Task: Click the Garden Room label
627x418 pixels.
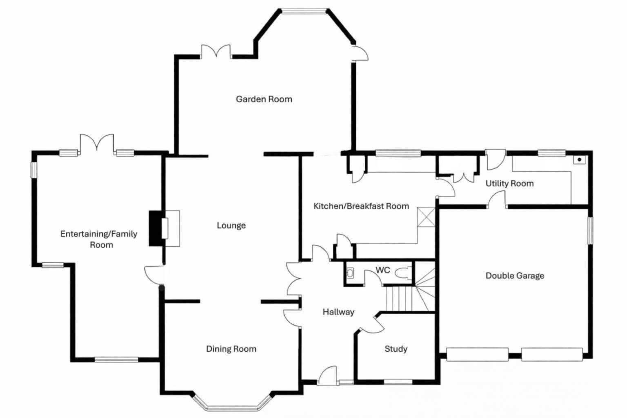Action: pos(264,99)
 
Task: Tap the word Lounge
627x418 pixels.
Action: pos(231,225)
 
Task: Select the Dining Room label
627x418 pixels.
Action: pos(231,349)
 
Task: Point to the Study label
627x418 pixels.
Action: pos(396,349)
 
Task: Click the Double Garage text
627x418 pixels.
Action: pos(515,276)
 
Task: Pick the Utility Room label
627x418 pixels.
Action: pos(509,184)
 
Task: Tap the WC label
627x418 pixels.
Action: pos(382,270)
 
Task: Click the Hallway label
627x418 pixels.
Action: pos(338,312)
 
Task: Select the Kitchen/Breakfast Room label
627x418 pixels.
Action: pos(361,206)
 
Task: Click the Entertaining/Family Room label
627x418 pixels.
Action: pos(99,239)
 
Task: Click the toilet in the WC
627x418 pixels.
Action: pos(404,273)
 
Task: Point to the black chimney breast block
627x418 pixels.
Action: pos(155,229)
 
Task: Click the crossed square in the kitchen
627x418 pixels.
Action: pos(426,217)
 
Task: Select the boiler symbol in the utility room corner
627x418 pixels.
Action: pos(579,160)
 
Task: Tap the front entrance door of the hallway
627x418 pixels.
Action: pos(327,375)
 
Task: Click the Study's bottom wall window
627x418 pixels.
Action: pos(398,382)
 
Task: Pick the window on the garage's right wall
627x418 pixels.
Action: pos(590,231)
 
